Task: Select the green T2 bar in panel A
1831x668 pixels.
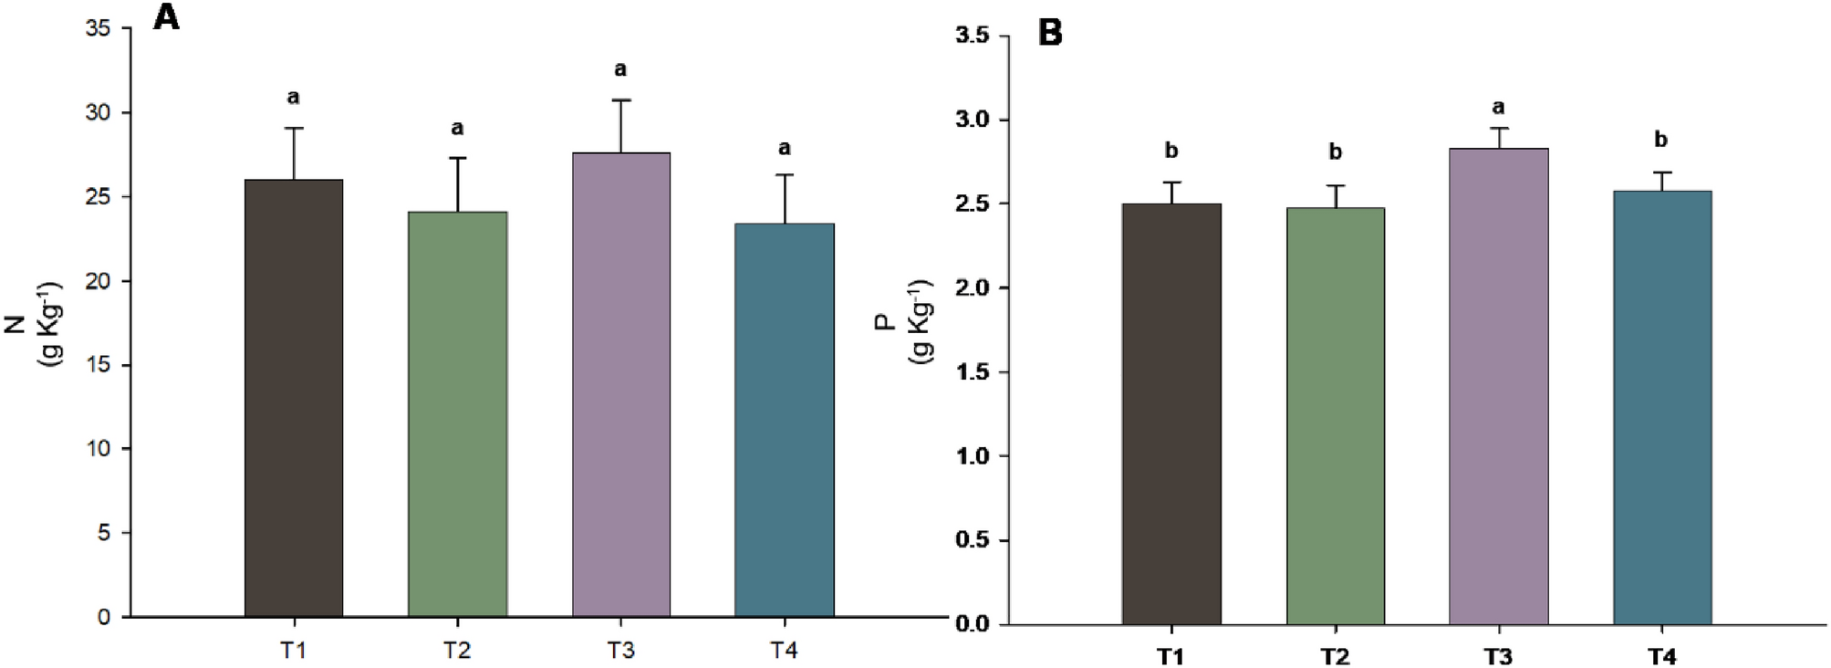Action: coord(457,414)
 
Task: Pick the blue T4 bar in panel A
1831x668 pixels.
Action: coord(785,420)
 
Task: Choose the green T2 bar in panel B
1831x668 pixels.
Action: coord(1336,416)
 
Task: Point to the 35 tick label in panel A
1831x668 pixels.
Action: coord(98,28)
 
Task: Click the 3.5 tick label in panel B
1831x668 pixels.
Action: coord(972,36)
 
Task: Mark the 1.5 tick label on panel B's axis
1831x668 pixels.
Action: coord(972,372)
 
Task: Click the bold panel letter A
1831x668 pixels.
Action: coord(166,17)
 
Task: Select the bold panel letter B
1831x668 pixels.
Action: coord(1050,34)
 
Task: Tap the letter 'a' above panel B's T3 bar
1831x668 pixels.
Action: coord(1498,108)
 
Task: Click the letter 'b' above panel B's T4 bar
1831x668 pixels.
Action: coord(1660,140)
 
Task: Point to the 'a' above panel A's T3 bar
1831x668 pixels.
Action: coord(620,69)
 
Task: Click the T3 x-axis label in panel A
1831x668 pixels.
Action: coord(620,650)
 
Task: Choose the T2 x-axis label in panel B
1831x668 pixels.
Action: coord(1335,656)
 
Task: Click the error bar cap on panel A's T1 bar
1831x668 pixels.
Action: coord(294,129)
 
